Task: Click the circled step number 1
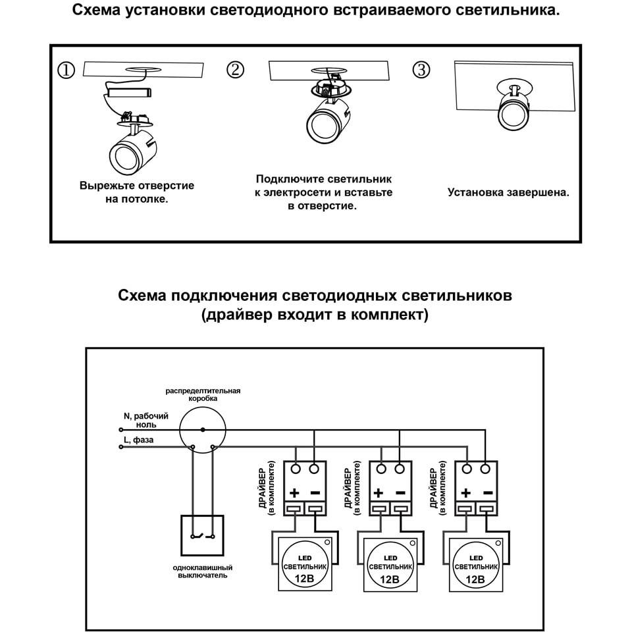click(66, 70)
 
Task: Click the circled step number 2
click(235, 70)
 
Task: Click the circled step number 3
click(422, 70)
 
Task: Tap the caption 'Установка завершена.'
click(508, 193)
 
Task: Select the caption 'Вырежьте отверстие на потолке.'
click(137, 192)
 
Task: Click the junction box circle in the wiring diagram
click(203, 429)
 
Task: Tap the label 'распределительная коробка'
click(203, 394)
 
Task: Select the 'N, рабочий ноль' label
click(146, 421)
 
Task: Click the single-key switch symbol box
click(203, 536)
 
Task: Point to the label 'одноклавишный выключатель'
click(203, 571)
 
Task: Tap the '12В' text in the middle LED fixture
click(391, 580)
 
